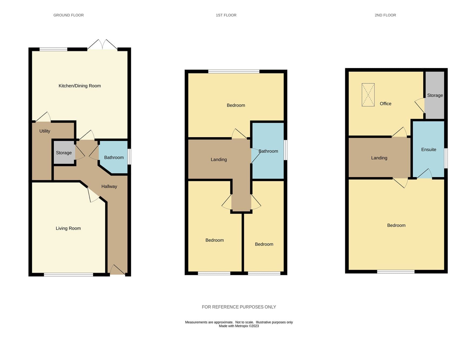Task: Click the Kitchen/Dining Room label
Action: (80, 86)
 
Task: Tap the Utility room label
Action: (45, 131)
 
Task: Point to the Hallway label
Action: (109, 186)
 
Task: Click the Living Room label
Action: (68, 228)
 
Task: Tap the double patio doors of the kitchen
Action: (102, 45)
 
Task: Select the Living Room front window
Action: (68, 275)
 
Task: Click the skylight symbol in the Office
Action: (368, 95)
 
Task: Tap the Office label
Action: (385, 104)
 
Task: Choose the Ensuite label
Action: (429, 150)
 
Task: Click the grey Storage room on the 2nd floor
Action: (435, 95)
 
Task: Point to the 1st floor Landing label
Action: (219, 160)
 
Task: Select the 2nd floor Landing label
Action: (379, 158)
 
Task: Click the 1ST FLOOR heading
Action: (226, 15)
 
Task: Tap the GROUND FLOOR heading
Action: (68, 15)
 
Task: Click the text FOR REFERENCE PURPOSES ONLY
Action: (239, 307)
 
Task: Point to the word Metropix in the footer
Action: (241, 326)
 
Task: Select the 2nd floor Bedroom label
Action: (396, 226)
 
